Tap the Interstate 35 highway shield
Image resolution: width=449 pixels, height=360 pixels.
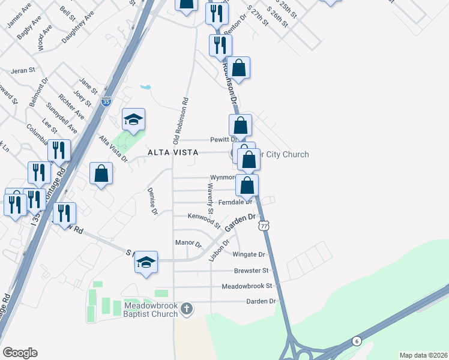(x=106, y=102)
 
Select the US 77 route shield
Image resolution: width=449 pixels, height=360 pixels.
(x=264, y=225)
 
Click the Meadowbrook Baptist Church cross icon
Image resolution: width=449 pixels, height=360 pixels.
(x=187, y=308)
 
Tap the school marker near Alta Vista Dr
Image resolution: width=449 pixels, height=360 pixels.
(x=134, y=120)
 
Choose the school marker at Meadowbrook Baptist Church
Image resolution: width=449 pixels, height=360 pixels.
(x=146, y=262)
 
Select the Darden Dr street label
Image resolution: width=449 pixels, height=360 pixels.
(x=261, y=301)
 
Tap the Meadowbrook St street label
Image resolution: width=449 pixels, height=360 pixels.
(x=247, y=286)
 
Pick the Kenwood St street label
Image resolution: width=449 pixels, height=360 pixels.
(x=204, y=218)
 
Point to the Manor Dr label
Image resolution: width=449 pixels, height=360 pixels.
(x=188, y=243)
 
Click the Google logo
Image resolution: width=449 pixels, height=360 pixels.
(x=20, y=353)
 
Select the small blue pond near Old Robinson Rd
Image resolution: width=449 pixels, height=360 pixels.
(x=145, y=87)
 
